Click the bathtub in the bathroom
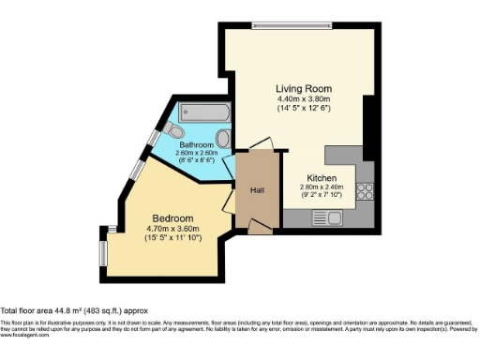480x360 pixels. click(204, 113)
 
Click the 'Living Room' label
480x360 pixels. click(304, 89)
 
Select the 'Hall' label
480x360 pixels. click(257, 190)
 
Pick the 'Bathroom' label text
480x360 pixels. click(197, 144)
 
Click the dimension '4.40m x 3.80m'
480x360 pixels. click(304, 99)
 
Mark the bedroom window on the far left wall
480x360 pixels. click(104, 247)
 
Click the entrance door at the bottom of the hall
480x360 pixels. click(259, 225)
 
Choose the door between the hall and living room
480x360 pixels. click(260, 145)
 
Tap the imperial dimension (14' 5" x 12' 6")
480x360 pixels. click(304, 109)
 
